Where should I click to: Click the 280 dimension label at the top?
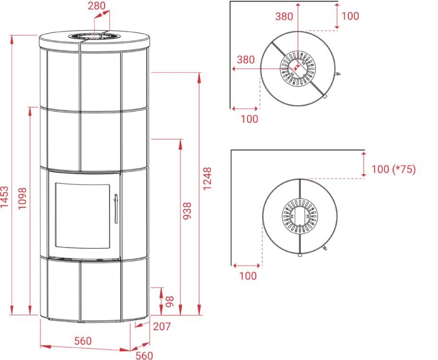[x=97, y=6]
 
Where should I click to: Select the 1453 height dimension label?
[x=4, y=197]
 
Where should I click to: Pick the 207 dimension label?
[x=162, y=327]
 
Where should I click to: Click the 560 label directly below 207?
[x=144, y=355]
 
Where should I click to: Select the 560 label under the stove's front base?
[x=83, y=341]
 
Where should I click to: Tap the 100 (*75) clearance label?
[x=393, y=169]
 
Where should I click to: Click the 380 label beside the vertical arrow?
[x=284, y=16]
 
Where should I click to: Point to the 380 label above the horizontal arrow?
[x=246, y=60]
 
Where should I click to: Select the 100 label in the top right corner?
[x=350, y=16]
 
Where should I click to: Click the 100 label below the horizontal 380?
[x=249, y=119]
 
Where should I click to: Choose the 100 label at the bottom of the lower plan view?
[x=248, y=276]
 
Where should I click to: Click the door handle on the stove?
[x=115, y=209]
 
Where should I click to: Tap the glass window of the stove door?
[x=83, y=216]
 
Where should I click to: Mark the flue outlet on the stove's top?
[x=94, y=36]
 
